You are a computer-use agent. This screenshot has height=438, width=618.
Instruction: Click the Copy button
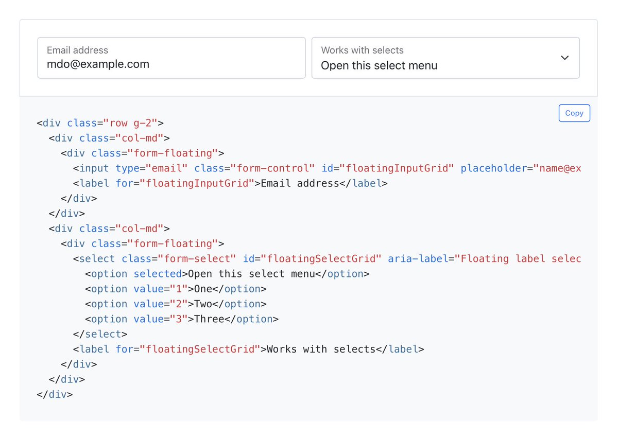574,113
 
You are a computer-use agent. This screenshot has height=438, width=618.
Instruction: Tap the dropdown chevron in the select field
564,58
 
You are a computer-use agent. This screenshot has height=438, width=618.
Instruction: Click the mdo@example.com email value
98,64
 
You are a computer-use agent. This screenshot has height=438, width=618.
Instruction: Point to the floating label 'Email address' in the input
77,50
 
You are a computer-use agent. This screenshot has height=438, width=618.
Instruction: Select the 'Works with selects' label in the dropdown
362,50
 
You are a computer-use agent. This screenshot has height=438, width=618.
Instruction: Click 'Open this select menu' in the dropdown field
379,66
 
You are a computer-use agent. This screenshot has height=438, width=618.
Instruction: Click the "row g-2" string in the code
134,123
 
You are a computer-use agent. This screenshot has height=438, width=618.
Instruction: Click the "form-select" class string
197,259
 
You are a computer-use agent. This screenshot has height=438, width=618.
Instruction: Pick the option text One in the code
203,289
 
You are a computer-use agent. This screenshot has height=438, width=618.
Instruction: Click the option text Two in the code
203,304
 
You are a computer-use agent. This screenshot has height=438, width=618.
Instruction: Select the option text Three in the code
209,319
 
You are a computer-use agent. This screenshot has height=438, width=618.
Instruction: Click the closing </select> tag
100,334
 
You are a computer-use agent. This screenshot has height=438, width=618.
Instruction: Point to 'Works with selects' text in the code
321,349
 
